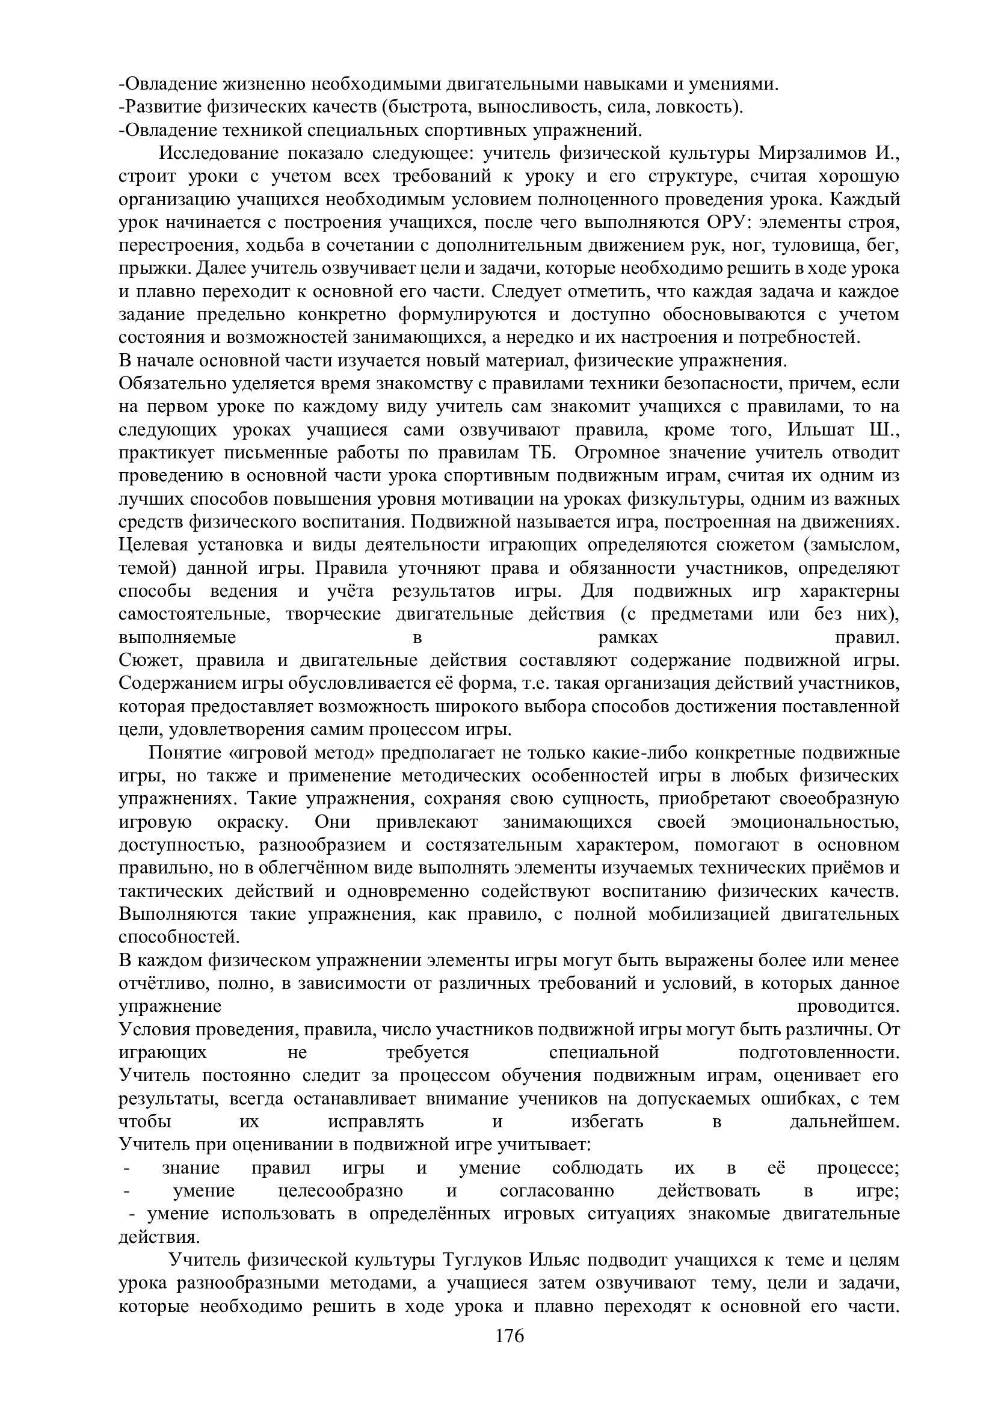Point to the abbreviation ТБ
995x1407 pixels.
coord(541,453)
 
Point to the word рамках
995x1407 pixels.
coord(627,638)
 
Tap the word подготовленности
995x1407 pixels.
coord(819,1053)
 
